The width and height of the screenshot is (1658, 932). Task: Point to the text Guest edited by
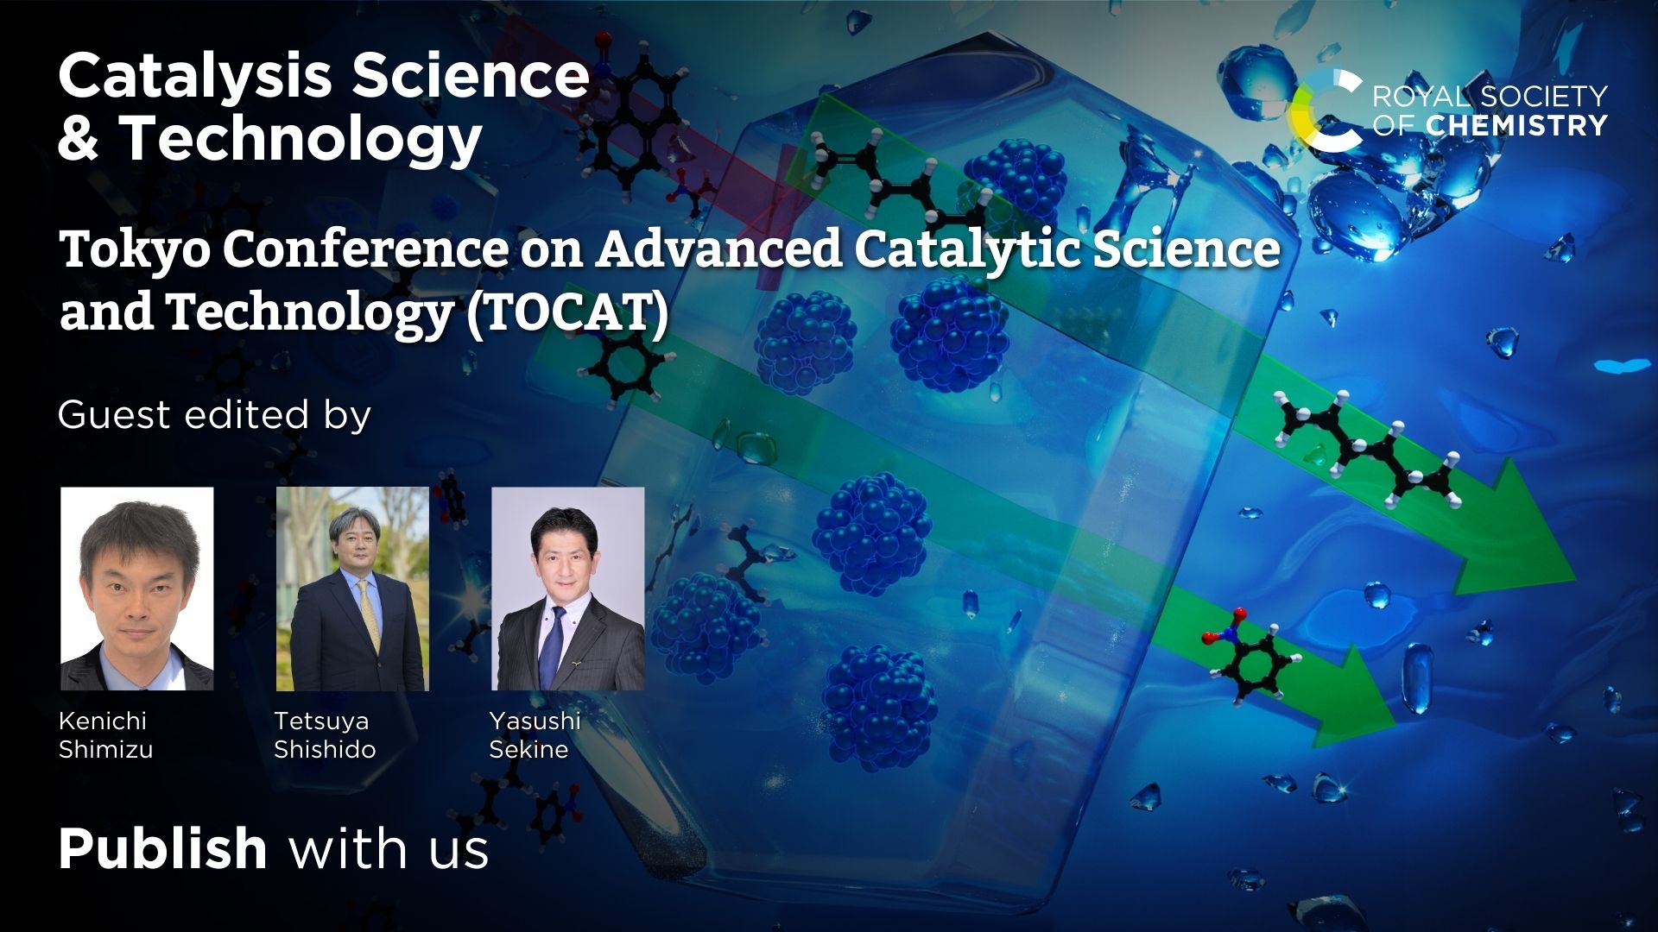[x=214, y=415]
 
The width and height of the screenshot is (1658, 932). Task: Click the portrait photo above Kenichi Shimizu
[x=136, y=589]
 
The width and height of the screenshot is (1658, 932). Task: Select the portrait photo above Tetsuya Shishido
[x=352, y=589]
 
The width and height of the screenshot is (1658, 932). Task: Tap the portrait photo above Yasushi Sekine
[x=567, y=589]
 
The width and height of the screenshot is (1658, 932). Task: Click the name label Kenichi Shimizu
[x=105, y=734]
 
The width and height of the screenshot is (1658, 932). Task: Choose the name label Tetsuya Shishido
[x=325, y=734]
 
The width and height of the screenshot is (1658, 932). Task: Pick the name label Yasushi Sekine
[x=535, y=734]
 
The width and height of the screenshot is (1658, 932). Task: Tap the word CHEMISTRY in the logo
[x=1516, y=126]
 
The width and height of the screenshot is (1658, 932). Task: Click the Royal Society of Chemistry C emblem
[x=1324, y=110]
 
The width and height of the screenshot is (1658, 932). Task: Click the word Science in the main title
[x=471, y=76]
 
